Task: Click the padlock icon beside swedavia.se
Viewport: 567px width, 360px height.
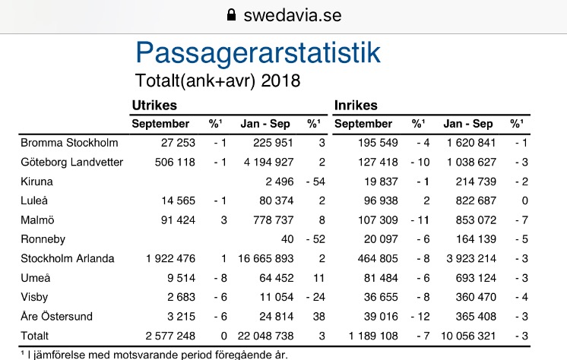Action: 232,14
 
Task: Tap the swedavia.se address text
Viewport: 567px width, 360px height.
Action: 292,14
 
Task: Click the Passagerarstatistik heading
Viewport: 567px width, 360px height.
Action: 258,52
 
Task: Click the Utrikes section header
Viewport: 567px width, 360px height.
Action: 154,106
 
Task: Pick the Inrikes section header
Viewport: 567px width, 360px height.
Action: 356,106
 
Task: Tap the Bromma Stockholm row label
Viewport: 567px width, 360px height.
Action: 69,142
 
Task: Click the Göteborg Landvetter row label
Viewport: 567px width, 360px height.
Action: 71,162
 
